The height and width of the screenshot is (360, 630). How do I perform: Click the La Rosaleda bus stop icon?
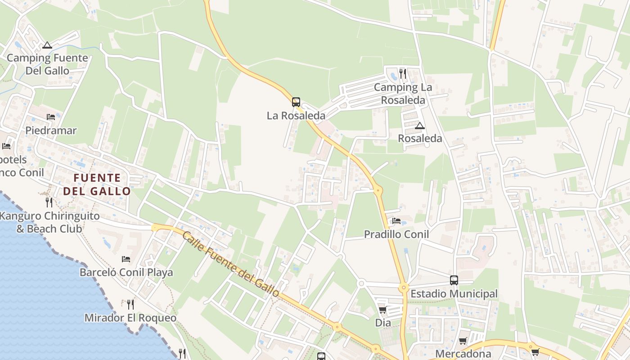point(296,102)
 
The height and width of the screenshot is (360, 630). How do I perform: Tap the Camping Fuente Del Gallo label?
point(47,64)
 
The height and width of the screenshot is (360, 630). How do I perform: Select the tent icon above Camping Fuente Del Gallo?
point(47,45)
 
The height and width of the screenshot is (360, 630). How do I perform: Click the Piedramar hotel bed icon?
point(51,117)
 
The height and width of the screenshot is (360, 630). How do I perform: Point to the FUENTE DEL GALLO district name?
point(97,184)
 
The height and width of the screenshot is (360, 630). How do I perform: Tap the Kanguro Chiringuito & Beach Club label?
point(49,222)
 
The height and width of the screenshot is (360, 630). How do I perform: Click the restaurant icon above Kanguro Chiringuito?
point(49,202)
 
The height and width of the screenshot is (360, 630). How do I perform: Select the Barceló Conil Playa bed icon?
point(126,259)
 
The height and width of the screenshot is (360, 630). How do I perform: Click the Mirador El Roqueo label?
point(130,318)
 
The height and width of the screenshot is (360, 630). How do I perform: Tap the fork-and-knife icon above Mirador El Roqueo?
point(130,305)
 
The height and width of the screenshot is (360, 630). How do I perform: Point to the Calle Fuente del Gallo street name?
point(231,264)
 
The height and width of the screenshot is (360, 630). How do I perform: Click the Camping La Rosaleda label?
point(403,94)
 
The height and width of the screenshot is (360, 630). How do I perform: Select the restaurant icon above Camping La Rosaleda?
point(403,73)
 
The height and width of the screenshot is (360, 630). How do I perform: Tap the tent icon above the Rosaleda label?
point(420,126)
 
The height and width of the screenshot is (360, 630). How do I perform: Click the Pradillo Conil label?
point(396,234)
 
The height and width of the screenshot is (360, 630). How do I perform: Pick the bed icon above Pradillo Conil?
point(396,221)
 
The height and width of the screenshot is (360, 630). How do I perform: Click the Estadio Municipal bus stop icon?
point(454,280)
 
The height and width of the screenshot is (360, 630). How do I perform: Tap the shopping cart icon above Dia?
point(382,310)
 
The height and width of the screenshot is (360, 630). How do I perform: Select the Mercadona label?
point(463,354)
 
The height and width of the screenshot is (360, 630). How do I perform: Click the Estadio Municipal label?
point(454,294)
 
